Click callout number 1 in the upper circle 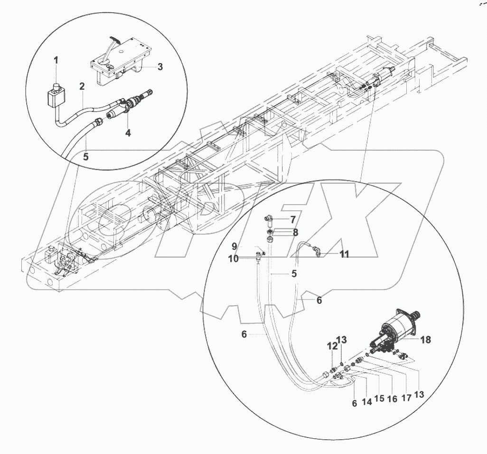[x=56, y=60]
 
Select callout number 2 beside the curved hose [x=82, y=86]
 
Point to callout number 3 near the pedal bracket [x=160, y=67]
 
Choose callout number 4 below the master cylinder [x=128, y=133]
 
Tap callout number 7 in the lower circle [x=293, y=219]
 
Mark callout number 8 [x=295, y=233]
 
